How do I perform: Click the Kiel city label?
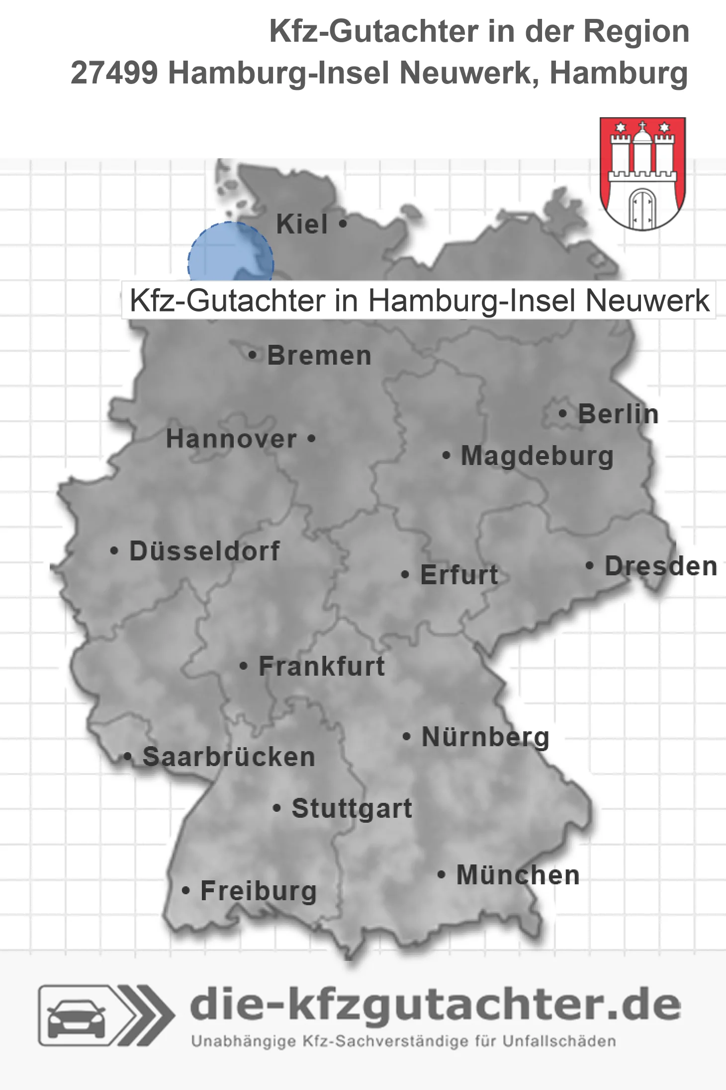point(302,224)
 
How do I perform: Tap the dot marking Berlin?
point(563,413)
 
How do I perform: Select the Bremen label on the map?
point(319,356)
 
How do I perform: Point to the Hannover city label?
point(231,439)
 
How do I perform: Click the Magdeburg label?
point(537,456)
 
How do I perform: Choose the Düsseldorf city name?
point(204,551)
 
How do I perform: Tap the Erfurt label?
point(459,575)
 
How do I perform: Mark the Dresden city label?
point(661,566)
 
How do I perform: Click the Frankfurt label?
point(322,666)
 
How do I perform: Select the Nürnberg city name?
point(485,737)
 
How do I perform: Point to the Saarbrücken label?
point(229,757)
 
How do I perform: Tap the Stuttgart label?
point(352,808)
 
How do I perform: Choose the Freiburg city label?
point(259,891)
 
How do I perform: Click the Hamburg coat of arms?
point(642,173)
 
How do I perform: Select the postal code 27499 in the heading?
point(114,73)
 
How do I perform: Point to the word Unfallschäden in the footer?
point(559,1041)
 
